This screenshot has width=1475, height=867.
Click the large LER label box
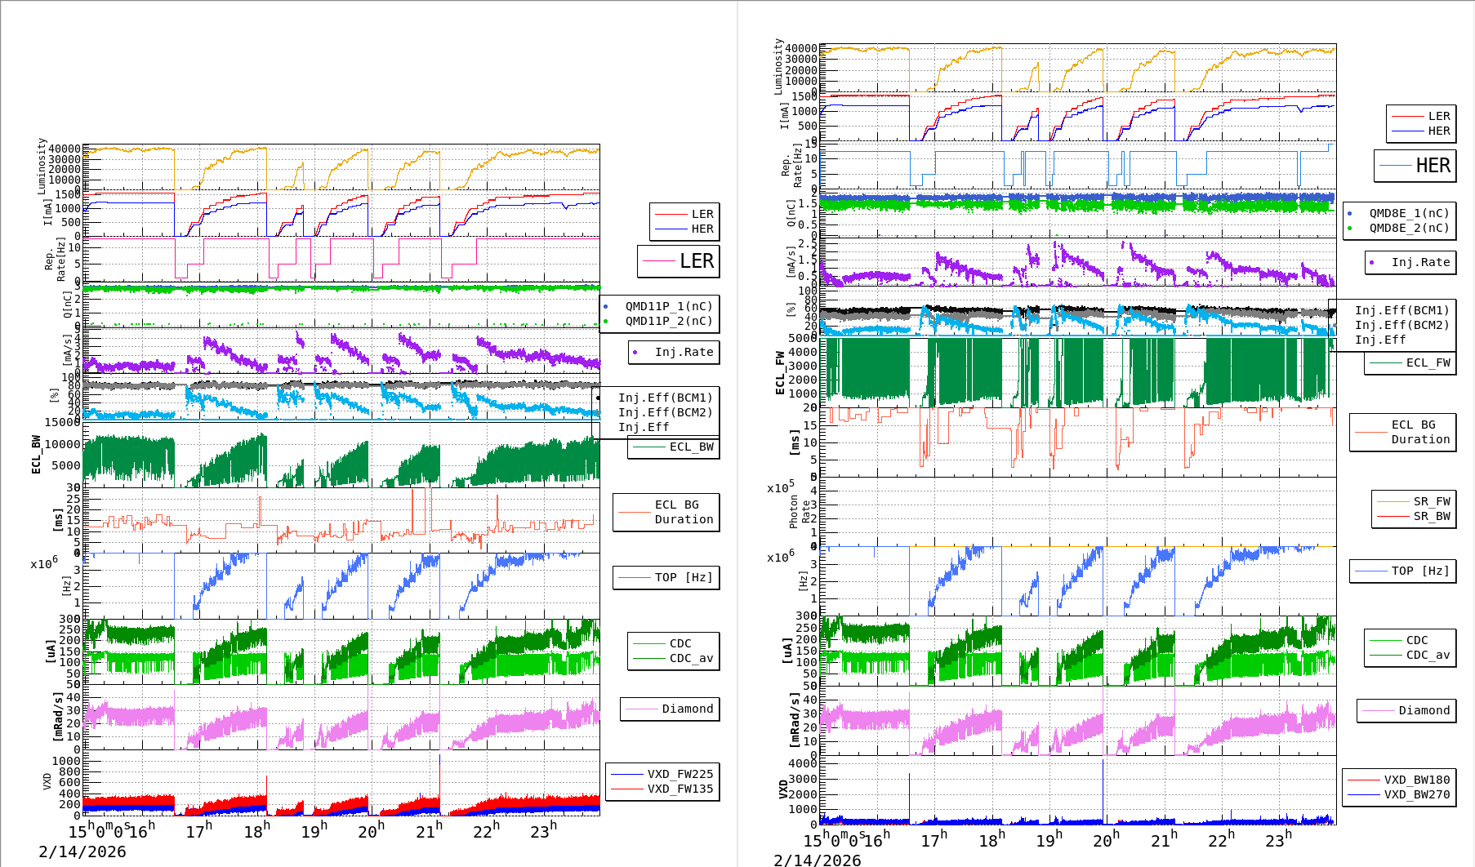point(679,261)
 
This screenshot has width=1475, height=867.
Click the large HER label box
point(1415,166)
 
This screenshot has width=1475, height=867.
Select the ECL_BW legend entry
point(674,447)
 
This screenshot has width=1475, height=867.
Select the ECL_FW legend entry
point(1410,362)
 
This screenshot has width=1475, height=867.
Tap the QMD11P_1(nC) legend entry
point(659,306)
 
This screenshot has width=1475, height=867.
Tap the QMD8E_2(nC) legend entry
point(1398,228)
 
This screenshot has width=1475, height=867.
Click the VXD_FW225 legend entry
point(662,774)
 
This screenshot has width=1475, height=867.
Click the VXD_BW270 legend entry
point(1399,794)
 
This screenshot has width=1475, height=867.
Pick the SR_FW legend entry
point(1415,501)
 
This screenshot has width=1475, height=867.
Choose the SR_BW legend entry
point(1415,516)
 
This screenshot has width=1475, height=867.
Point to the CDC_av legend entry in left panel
point(674,658)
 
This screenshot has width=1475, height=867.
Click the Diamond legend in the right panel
point(1406,710)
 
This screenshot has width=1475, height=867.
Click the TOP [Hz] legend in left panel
point(666,577)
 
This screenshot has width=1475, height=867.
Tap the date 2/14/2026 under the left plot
point(82,851)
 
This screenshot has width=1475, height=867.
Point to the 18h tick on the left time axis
point(256,831)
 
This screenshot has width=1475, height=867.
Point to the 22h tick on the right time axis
point(1221,839)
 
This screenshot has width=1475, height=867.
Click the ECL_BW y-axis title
point(36,454)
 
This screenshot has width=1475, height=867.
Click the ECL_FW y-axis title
point(780,373)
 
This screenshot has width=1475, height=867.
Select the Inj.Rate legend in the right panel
point(1410,262)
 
